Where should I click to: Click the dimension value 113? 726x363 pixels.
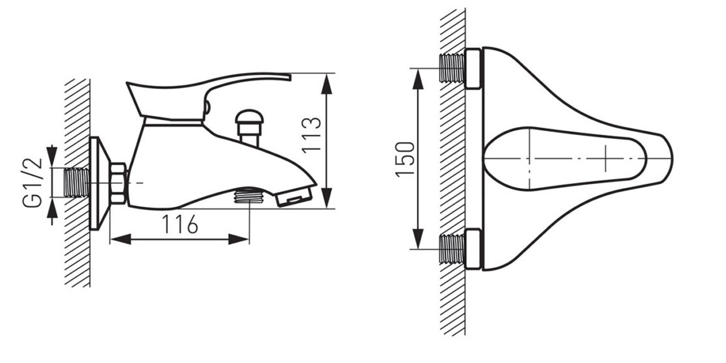click(x=311, y=135)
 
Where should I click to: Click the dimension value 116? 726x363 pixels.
click(x=180, y=224)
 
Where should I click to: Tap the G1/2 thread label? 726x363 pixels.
click(x=33, y=182)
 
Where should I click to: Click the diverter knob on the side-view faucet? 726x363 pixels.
click(x=249, y=127)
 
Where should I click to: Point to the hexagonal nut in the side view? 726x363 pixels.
click(x=119, y=183)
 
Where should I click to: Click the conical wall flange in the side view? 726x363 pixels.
click(x=99, y=183)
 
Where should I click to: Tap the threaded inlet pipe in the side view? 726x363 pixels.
click(x=76, y=183)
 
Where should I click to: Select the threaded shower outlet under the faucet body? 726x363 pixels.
click(x=249, y=195)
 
